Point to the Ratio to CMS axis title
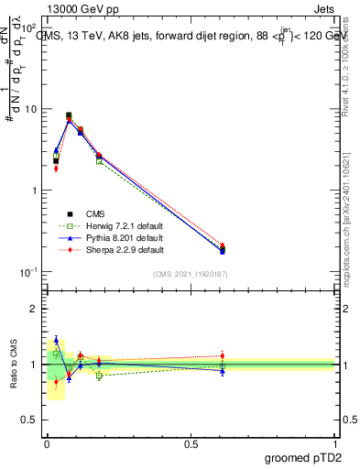pos(13,364)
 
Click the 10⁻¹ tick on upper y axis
pos(27,271)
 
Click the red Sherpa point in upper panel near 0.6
pos(222,245)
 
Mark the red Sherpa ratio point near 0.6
pos(222,355)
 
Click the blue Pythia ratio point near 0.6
pos(222,371)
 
